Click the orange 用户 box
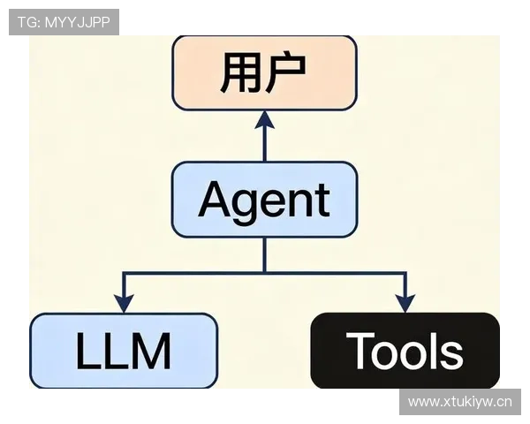(x=264, y=73)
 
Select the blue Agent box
(x=264, y=200)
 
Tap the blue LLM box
(x=124, y=351)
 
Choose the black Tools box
(x=405, y=351)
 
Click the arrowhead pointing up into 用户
(x=264, y=120)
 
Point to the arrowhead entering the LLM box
(x=124, y=303)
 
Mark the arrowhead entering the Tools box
(x=405, y=303)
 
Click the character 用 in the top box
(x=239, y=73)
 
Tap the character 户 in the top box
(x=288, y=73)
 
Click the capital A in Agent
(x=216, y=200)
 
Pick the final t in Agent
(x=322, y=201)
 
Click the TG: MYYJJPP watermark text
(x=64, y=22)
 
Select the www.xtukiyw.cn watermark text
(x=459, y=403)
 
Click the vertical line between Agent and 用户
(x=264, y=143)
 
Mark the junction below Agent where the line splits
(x=264, y=273)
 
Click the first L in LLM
(x=86, y=351)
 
